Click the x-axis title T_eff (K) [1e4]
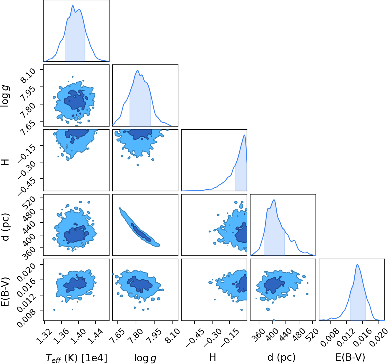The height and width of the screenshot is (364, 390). click(x=77, y=358)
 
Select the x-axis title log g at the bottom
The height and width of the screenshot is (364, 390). click(x=145, y=358)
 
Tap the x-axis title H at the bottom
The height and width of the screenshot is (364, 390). click(x=213, y=357)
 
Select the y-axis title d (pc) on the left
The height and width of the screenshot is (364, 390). click(x=6, y=227)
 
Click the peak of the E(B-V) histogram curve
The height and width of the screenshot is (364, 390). click(x=357, y=265)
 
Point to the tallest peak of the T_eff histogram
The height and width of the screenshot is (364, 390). click(x=73, y=6)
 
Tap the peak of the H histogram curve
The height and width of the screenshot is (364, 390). click(x=244, y=135)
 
